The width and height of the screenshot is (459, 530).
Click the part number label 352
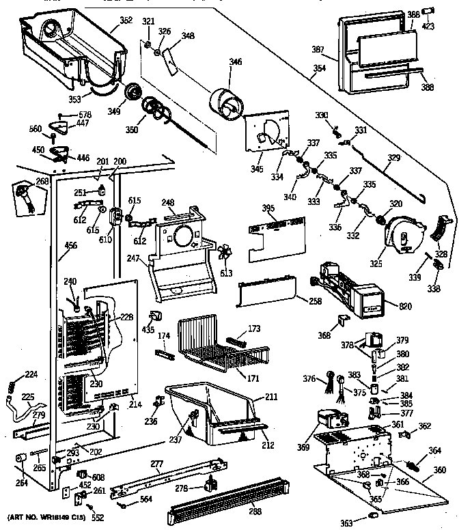tap(126, 20)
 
